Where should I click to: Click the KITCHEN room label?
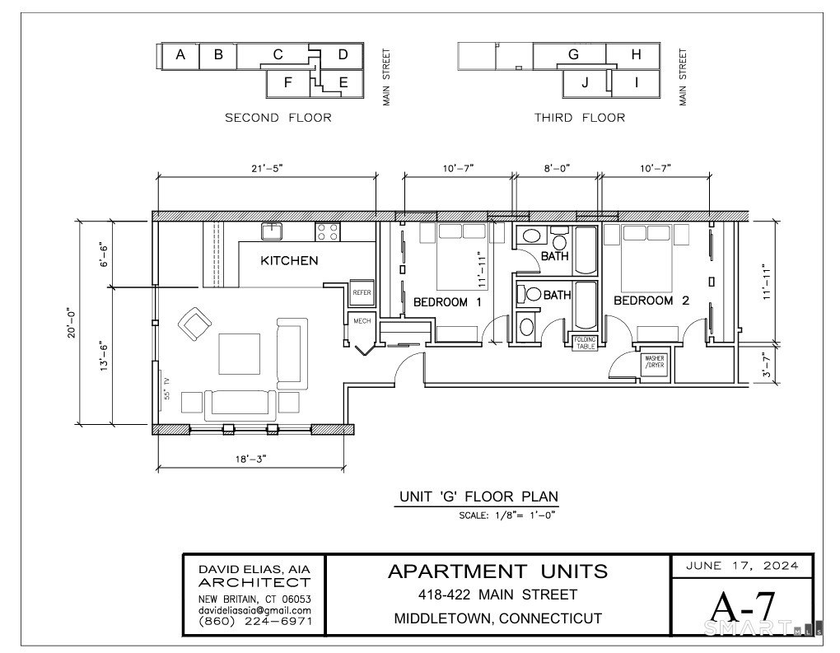tap(289, 261)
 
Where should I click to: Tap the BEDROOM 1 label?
tap(447, 301)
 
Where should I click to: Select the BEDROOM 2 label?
tap(651, 301)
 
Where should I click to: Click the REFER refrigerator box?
tap(362, 292)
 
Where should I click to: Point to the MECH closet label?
tap(362, 320)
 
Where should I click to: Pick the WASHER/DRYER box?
tap(656, 361)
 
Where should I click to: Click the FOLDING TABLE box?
tap(586, 343)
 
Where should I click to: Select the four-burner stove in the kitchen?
tap(327, 231)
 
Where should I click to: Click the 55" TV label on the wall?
tap(166, 387)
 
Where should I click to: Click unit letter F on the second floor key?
tap(288, 82)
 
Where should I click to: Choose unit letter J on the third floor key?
tap(585, 82)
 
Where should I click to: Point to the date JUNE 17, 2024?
tap(742, 565)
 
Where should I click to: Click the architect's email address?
tap(254, 610)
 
